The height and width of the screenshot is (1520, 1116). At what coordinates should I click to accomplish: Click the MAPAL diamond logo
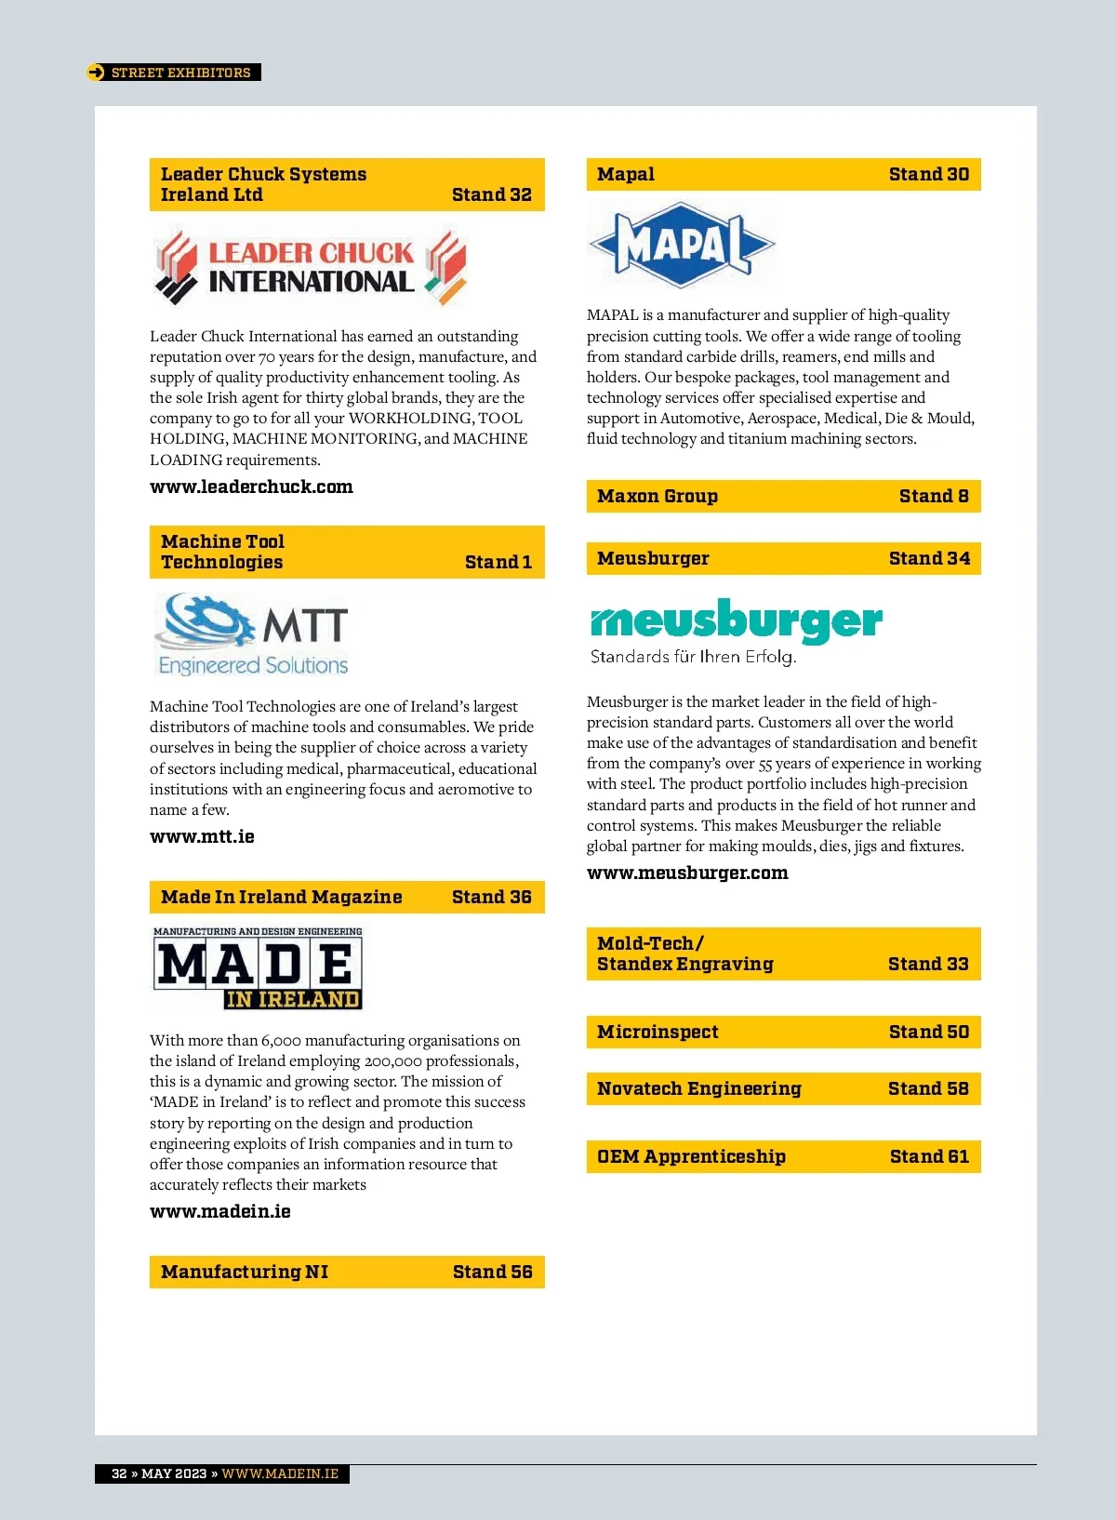[681, 245]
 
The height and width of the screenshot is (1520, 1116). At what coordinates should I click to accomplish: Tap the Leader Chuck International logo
[311, 268]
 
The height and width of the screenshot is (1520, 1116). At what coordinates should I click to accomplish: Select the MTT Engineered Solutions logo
[252, 635]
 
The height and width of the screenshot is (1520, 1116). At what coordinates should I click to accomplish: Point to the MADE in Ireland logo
[258, 968]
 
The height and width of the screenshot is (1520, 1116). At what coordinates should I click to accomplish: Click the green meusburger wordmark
[736, 620]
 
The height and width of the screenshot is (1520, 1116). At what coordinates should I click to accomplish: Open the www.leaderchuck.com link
[251, 487]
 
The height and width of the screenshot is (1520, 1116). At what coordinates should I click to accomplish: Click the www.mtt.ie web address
[202, 836]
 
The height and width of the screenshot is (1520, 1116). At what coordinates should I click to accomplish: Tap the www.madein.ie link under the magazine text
[220, 1211]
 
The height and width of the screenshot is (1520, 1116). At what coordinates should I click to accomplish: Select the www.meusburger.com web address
[687, 873]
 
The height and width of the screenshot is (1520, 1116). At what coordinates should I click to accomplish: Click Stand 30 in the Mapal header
[928, 174]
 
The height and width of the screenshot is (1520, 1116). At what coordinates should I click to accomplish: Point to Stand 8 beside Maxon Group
[934, 496]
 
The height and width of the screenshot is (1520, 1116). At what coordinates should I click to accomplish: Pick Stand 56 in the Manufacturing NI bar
[492, 1272]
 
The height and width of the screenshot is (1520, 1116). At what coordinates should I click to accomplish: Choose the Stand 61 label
[929, 1156]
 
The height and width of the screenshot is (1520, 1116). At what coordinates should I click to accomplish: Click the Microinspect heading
[658, 1032]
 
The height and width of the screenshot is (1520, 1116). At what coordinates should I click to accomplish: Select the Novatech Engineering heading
[698, 1088]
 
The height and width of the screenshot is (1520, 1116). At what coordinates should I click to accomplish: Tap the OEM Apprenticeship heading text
[691, 1156]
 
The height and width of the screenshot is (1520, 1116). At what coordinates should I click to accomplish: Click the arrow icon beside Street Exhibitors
[96, 73]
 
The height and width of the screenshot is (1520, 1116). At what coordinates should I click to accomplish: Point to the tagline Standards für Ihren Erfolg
[693, 657]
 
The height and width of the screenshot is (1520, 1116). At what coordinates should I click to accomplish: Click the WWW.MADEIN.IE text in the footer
[280, 1473]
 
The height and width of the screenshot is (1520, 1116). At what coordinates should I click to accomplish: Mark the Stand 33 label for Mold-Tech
[928, 964]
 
